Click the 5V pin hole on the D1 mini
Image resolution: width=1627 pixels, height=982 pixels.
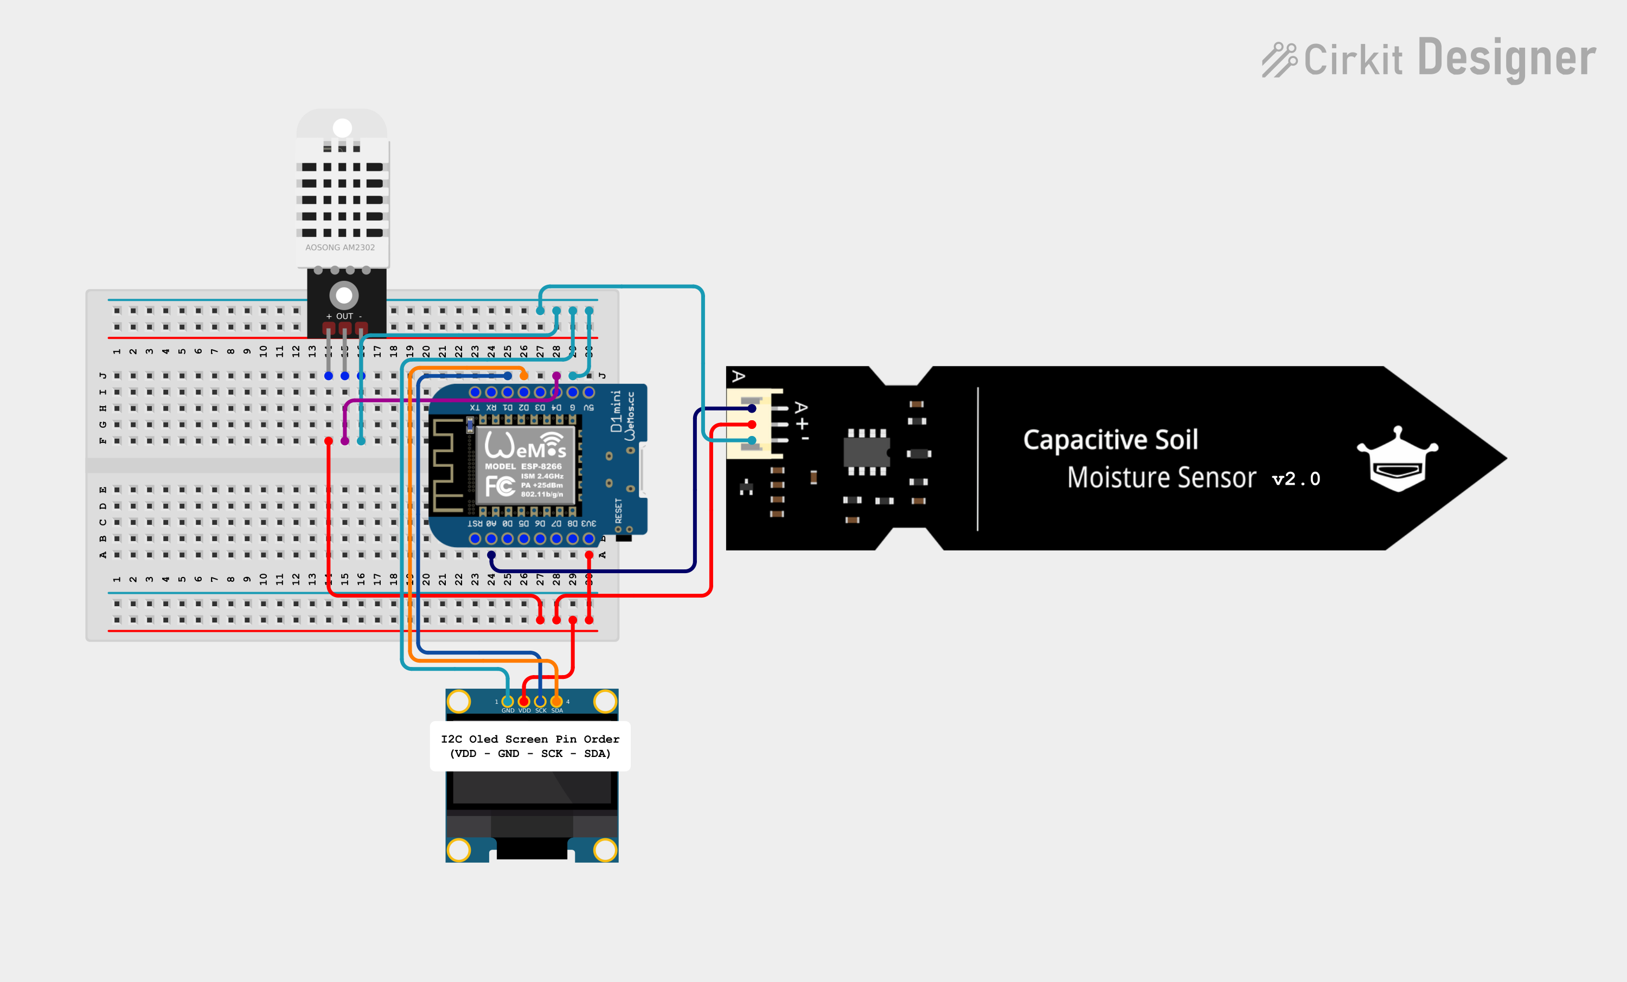pyautogui.click(x=589, y=392)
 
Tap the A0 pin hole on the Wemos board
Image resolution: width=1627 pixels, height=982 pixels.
pyautogui.click(x=491, y=539)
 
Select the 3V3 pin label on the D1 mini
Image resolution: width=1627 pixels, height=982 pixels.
pyautogui.click(x=588, y=524)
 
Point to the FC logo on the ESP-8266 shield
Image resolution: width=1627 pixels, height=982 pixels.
pyautogui.click(x=500, y=487)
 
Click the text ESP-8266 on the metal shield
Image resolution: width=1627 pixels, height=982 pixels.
pyautogui.click(x=541, y=466)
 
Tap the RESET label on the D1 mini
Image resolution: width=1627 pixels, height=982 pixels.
pyautogui.click(x=619, y=510)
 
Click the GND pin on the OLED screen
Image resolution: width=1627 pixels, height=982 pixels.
pyautogui.click(x=508, y=701)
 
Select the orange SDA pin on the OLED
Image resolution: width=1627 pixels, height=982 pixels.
pyautogui.click(x=556, y=701)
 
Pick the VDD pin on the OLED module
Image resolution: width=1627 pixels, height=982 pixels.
pyautogui.click(x=524, y=701)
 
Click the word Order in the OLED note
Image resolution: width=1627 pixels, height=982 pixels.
pyautogui.click(x=601, y=739)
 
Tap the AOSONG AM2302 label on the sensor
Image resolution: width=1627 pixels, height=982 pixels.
pyautogui.click(x=340, y=248)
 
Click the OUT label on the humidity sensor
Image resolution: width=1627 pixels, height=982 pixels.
pyautogui.click(x=345, y=316)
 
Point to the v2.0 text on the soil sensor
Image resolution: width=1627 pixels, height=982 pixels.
pyautogui.click(x=1296, y=479)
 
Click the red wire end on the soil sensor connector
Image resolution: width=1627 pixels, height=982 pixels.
pyautogui.click(x=752, y=425)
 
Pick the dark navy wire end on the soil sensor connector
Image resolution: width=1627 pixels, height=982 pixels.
pyautogui.click(x=752, y=409)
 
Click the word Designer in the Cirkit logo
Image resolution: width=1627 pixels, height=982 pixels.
pyautogui.click(x=1506, y=59)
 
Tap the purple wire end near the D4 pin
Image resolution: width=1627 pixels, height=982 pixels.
pyautogui.click(x=556, y=376)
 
